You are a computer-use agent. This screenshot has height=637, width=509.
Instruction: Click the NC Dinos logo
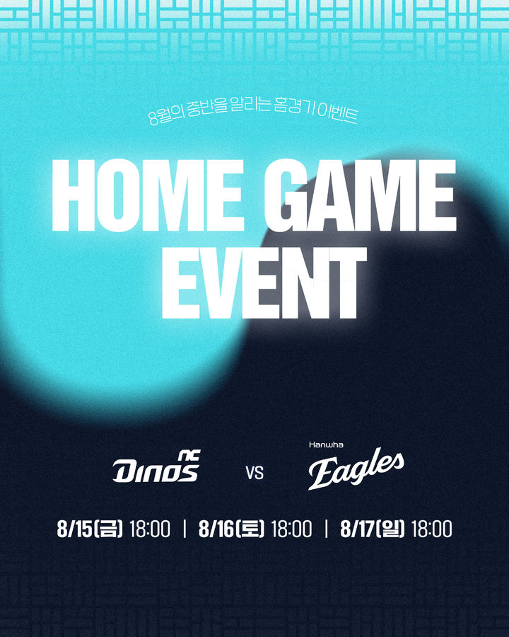[156, 467]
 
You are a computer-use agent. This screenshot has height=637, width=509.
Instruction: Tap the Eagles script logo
[356, 469]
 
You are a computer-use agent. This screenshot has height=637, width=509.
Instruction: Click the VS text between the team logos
[255, 472]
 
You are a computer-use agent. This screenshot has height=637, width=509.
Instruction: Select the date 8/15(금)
[90, 529]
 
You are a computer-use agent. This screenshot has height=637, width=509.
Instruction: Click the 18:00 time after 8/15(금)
[150, 529]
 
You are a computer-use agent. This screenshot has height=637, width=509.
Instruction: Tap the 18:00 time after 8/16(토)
[291, 529]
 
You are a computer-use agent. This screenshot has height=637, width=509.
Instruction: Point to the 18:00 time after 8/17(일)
[431, 529]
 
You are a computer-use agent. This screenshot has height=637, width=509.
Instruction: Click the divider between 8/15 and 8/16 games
[184, 529]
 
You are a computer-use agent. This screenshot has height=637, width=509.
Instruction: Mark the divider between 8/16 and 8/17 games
[326, 529]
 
